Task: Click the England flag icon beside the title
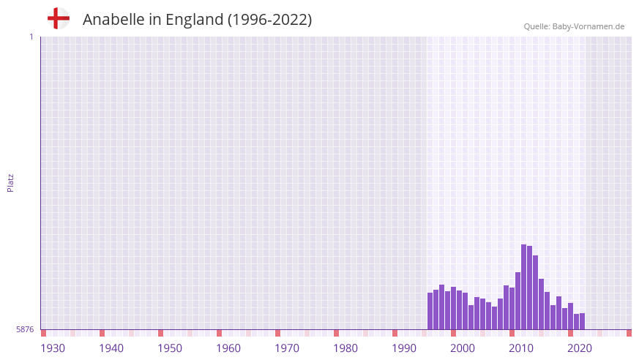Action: click(59, 19)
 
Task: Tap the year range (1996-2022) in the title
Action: click(270, 20)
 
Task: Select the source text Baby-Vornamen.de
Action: click(588, 26)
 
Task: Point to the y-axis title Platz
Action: click(10, 182)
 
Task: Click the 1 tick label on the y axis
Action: click(31, 37)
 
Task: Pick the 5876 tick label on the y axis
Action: click(25, 329)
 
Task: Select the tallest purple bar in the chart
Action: click(523, 286)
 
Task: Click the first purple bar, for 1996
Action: click(430, 311)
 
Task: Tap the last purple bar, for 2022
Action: click(582, 321)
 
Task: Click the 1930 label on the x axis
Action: click(53, 348)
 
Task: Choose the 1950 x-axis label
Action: click(170, 348)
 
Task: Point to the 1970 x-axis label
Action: click(287, 348)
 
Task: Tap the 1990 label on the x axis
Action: click(404, 348)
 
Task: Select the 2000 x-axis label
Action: click(463, 348)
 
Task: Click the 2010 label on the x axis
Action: click(521, 348)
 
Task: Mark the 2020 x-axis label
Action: click(580, 348)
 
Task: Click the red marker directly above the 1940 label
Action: click(102, 333)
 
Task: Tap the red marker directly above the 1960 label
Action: click(219, 333)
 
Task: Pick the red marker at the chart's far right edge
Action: click(629, 333)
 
